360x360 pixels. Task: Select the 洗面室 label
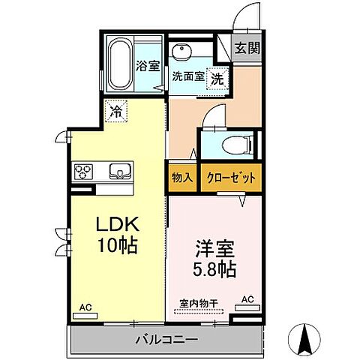(x=187, y=76)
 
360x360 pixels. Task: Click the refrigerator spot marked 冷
(x=117, y=111)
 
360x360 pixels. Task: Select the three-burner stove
(x=83, y=171)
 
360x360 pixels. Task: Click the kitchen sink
(x=118, y=171)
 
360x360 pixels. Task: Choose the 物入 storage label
(x=182, y=178)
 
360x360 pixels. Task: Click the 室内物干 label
(x=199, y=304)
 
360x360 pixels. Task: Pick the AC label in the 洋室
(x=247, y=299)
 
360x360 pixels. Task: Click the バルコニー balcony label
(x=166, y=338)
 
